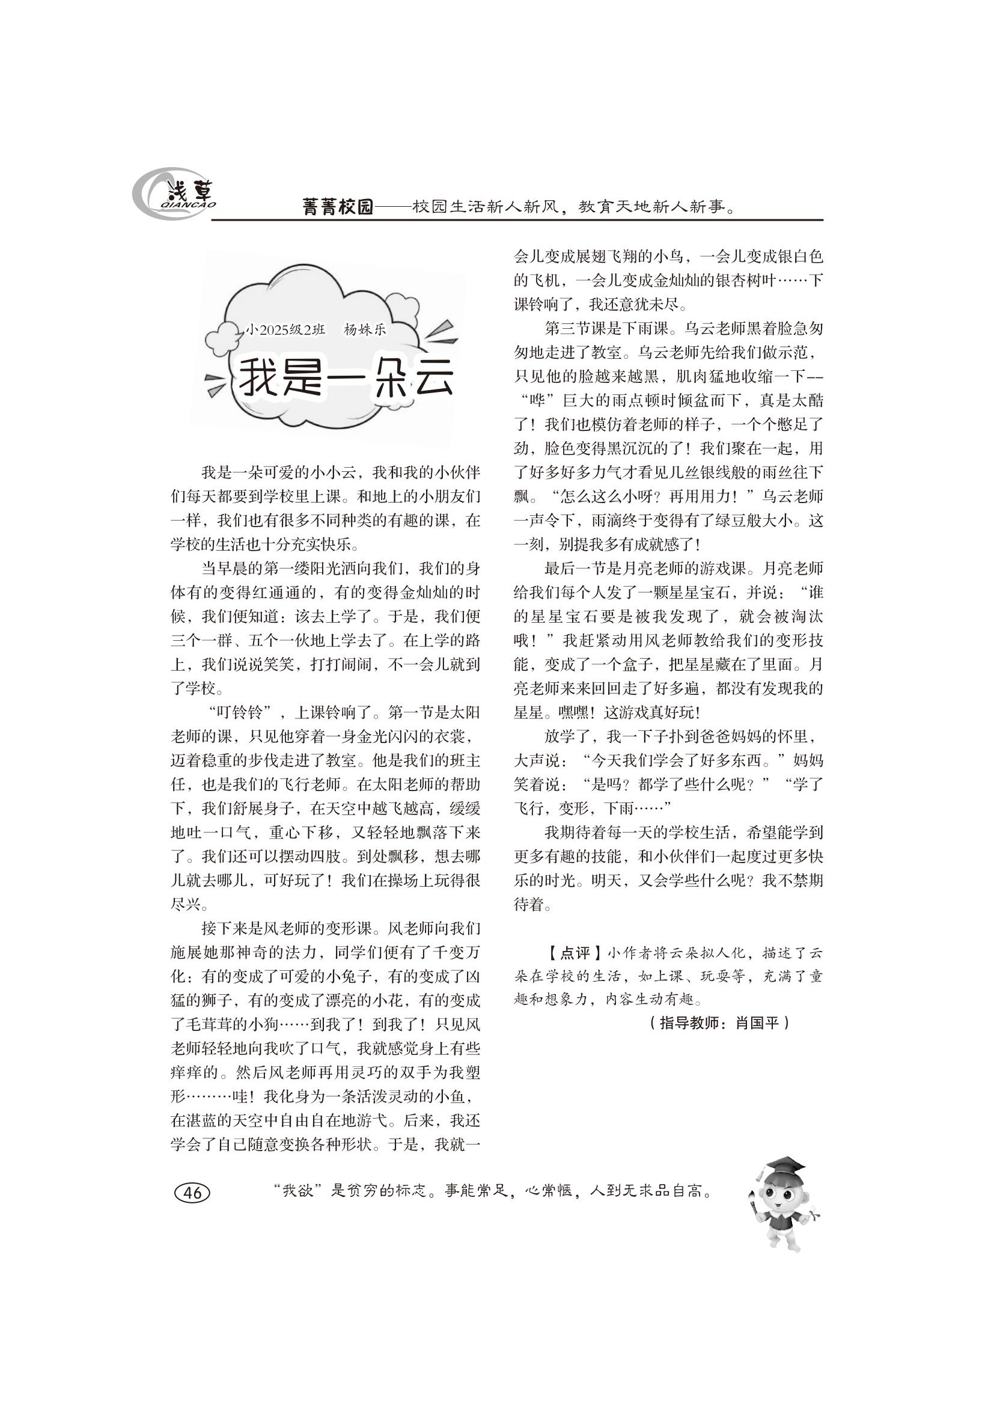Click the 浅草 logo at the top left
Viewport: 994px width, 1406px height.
click(x=175, y=195)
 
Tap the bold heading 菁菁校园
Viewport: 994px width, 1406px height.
click(x=338, y=207)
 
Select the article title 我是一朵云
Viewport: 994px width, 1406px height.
click(x=346, y=378)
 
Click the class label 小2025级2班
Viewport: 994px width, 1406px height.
click(x=285, y=329)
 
